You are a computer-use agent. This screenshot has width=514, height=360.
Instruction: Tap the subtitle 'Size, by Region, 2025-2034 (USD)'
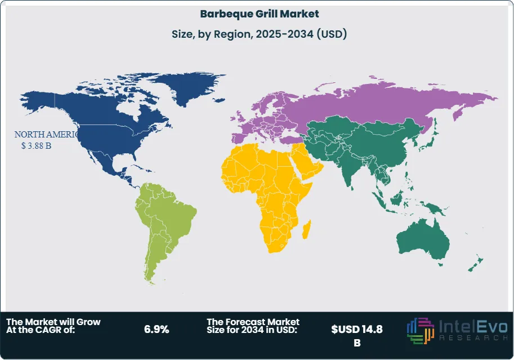click(x=259, y=34)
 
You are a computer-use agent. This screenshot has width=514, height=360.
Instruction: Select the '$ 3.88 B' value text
click(x=35, y=145)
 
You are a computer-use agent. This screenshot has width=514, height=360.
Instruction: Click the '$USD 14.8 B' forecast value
click(x=357, y=335)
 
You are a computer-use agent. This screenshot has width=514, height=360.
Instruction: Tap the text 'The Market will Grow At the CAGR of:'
click(x=53, y=326)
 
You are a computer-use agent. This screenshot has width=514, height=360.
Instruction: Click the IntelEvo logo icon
click(x=419, y=330)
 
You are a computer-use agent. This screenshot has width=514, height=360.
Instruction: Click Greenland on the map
click(x=191, y=87)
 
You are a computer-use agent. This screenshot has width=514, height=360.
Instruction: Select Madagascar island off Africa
click(x=307, y=230)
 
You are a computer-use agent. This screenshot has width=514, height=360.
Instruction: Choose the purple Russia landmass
click(x=383, y=104)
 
